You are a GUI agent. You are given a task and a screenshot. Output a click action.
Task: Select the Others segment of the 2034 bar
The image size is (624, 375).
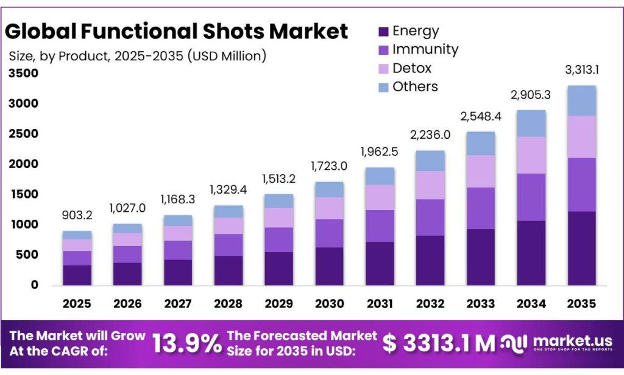click(x=531, y=124)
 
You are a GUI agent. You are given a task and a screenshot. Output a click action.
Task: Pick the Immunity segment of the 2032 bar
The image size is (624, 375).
click(x=431, y=217)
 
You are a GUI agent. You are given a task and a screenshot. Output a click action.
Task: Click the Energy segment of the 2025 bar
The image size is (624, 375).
click(x=77, y=275)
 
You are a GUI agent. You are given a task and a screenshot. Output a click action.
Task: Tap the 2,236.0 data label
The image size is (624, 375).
click(x=431, y=135)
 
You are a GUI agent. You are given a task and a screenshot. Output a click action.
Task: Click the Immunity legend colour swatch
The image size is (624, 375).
click(x=383, y=50)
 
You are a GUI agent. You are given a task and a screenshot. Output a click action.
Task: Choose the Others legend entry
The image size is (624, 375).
click(x=415, y=86)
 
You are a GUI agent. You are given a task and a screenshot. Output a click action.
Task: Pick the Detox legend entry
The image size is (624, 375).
click(x=412, y=68)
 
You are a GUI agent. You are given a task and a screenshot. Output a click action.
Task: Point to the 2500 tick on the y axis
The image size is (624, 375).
click(x=24, y=134)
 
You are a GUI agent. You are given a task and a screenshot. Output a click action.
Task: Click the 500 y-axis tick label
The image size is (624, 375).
click(x=29, y=254)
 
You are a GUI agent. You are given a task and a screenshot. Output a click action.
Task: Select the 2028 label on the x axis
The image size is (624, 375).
click(x=229, y=303)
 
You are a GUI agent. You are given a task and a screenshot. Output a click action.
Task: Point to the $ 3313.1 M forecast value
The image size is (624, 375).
click(x=439, y=343)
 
